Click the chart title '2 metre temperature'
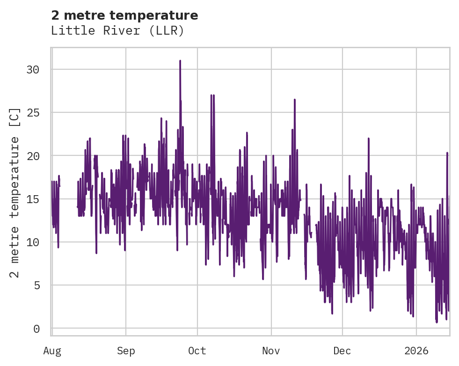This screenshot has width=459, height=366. coord(124,15)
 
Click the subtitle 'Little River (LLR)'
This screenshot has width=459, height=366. coord(117,31)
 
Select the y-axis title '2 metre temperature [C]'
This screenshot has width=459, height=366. coord(15,192)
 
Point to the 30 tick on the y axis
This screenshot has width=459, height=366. coord(33,69)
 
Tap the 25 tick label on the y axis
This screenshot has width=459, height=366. coord(33,113)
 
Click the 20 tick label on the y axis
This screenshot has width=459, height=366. coord(33,156)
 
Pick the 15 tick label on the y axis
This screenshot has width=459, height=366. coord(33,199)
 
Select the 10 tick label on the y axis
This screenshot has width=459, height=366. coord(33,242)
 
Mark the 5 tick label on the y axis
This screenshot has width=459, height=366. coord(36,285)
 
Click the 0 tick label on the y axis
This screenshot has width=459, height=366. coord(36,329)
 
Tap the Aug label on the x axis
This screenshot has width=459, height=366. coord(52,351)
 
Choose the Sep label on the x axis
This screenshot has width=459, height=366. coord(125,351)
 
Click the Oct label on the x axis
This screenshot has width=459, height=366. coord(197,351)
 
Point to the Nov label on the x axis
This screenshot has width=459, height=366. coord(271,351)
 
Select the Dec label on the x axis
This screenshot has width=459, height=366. coord(342,351)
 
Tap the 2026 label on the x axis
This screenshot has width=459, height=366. coord(416,351)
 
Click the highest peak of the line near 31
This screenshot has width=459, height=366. coord(180,61)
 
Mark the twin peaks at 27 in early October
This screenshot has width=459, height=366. coord(212,95)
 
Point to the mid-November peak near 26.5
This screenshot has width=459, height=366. coord(295,100)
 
